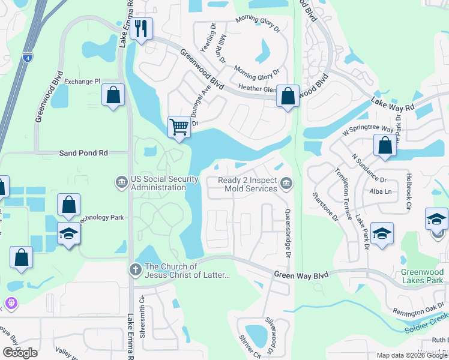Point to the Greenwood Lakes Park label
[422, 276]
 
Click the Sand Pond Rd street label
[83, 153]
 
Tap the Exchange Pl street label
[82, 82]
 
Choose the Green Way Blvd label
[301, 275]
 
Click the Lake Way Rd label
[393, 104]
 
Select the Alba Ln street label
[379, 191]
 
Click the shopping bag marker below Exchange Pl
[113, 95]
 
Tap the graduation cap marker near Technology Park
[69, 233]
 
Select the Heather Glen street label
[258, 89]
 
